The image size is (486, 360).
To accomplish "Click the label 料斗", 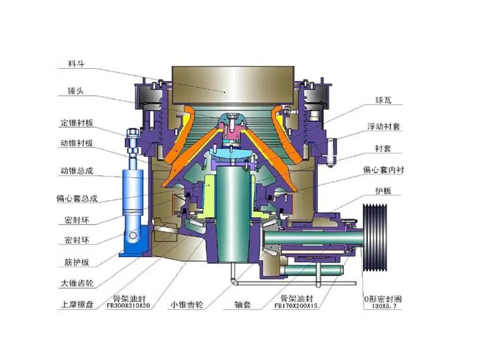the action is (76, 63).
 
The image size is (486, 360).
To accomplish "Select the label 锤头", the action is (76, 91).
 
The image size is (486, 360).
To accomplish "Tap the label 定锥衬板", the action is (77, 122).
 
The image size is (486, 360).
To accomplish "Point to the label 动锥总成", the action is (77, 170).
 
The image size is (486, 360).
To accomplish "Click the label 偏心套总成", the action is (77, 199).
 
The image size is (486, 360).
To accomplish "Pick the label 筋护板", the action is (77, 262).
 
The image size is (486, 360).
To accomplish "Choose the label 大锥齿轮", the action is (77, 283).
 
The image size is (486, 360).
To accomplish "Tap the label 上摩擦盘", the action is (77, 304).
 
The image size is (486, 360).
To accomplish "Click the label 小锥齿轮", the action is (187, 304).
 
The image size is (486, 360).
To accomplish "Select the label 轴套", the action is (242, 304).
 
